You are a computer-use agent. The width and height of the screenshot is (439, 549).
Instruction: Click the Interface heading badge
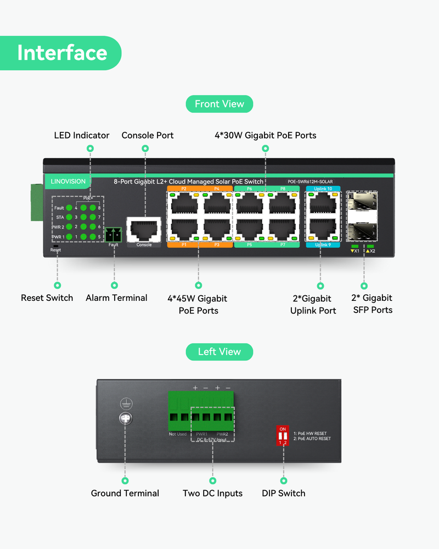coord(61,53)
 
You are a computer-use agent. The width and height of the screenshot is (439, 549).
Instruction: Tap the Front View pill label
coord(219,104)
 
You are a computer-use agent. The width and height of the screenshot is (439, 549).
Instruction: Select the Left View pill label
coord(219,351)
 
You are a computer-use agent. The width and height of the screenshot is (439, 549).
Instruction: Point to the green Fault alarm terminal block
coord(114,234)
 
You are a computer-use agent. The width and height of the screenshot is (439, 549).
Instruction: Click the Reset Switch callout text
coord(47,298)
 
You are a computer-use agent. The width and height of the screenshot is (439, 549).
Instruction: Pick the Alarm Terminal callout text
coord(116,298)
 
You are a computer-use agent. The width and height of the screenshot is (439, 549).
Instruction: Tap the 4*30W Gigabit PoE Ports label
coord(266,135)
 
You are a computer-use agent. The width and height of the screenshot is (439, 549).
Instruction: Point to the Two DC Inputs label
coord(212,493)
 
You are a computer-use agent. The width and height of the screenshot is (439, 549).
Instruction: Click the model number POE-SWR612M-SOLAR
coord(310,182)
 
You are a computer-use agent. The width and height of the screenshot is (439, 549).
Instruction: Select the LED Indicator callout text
coord(82,135)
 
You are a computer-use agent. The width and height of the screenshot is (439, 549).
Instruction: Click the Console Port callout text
coord(148,135)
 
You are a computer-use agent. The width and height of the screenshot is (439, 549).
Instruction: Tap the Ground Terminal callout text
coord(125,493)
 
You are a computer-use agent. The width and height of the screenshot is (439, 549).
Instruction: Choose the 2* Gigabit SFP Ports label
coord(372,304)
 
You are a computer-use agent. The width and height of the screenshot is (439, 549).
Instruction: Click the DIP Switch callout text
coord(284,493)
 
